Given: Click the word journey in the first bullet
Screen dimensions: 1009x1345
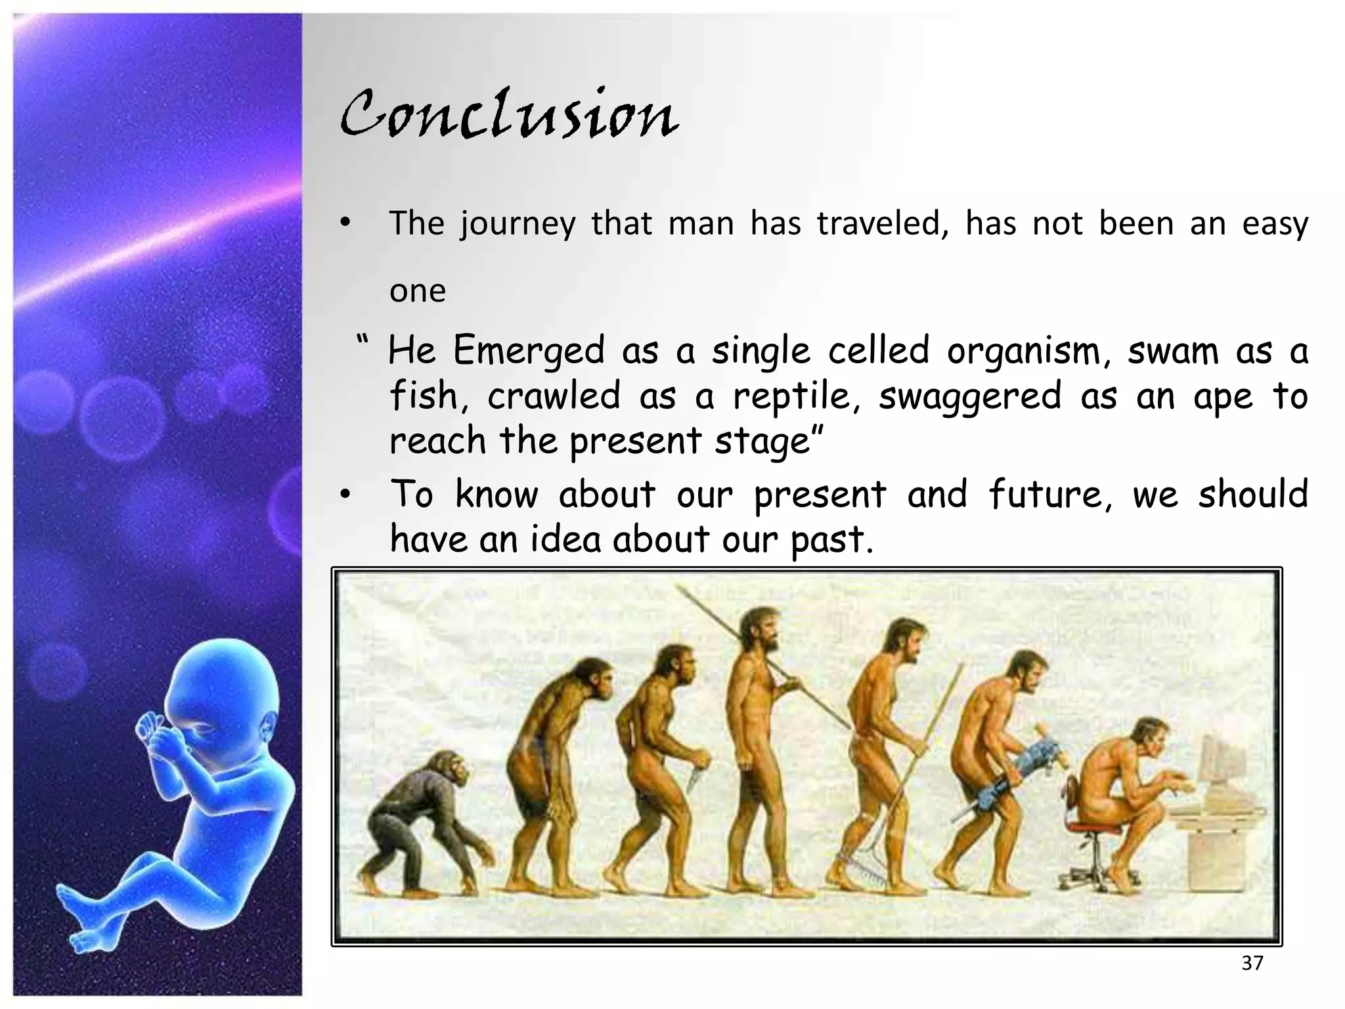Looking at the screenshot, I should (x=518, y=224).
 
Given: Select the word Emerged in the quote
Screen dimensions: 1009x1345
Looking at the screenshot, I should (x=528, y=350).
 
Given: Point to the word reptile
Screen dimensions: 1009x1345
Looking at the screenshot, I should (x=796, y=395).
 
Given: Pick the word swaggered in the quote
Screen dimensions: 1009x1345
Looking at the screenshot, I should (x=969, y=397).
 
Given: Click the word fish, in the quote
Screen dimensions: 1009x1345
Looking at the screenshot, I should (x=430, y=395).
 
